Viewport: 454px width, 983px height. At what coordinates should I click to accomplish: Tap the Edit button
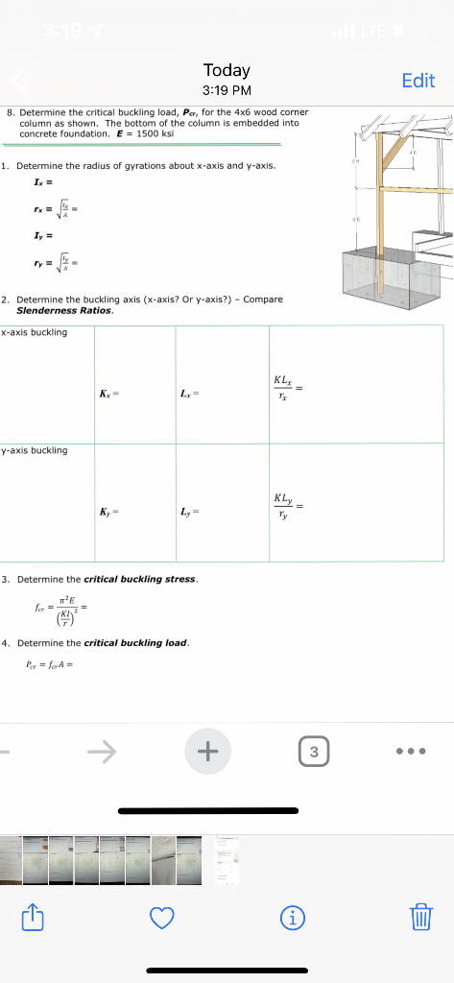[x=418, y=81]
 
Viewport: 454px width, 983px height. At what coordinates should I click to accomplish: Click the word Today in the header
[x=227, y=70]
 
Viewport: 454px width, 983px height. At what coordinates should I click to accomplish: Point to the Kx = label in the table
[x=108, y=395]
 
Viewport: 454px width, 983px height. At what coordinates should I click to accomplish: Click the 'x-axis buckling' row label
[x=35, y=333]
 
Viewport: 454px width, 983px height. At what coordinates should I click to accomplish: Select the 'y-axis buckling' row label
[x=35, y=450]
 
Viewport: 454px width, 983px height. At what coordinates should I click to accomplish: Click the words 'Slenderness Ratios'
[x=65, y=310]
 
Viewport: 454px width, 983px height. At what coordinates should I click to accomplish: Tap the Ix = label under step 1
[x=39, y=181]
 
